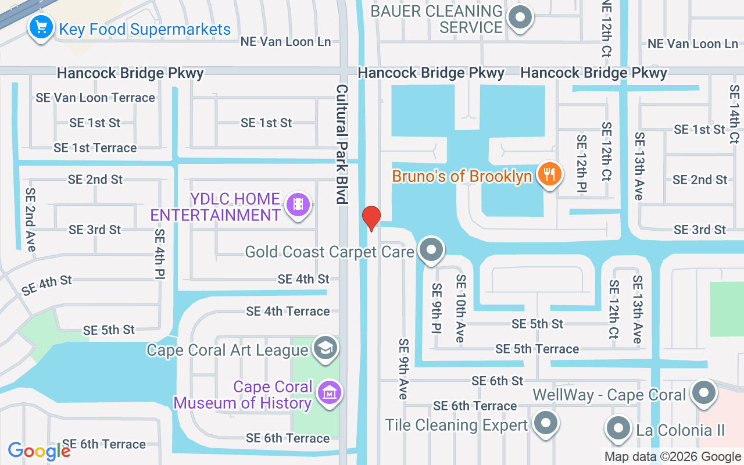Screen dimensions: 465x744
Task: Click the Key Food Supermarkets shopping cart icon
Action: coord(41,27)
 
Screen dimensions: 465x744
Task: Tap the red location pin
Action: coord(371,218)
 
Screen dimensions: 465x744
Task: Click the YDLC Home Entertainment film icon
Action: coord(298,204)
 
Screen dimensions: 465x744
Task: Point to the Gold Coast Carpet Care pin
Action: coord(431,250)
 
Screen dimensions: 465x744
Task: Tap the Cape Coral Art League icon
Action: coord(325,348)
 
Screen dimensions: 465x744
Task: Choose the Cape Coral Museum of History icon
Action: coord(330,393)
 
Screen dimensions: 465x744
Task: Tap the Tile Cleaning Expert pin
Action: coord(545,424)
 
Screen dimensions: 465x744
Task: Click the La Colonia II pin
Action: coord(618,429)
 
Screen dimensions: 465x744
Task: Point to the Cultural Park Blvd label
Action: coord(341,144)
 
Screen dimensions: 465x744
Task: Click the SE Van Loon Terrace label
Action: coord(95,98)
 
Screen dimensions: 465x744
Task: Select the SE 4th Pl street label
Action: coord(159,254)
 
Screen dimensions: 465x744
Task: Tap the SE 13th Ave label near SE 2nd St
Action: coord(639,166)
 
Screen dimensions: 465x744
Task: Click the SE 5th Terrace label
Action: coord(537,349)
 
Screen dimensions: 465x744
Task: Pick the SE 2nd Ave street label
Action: coord(30,220)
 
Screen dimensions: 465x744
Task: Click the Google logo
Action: coord(39,450)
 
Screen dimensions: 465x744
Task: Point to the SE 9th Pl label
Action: coord(437,308)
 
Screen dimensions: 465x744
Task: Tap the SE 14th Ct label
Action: coord(734,115)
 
